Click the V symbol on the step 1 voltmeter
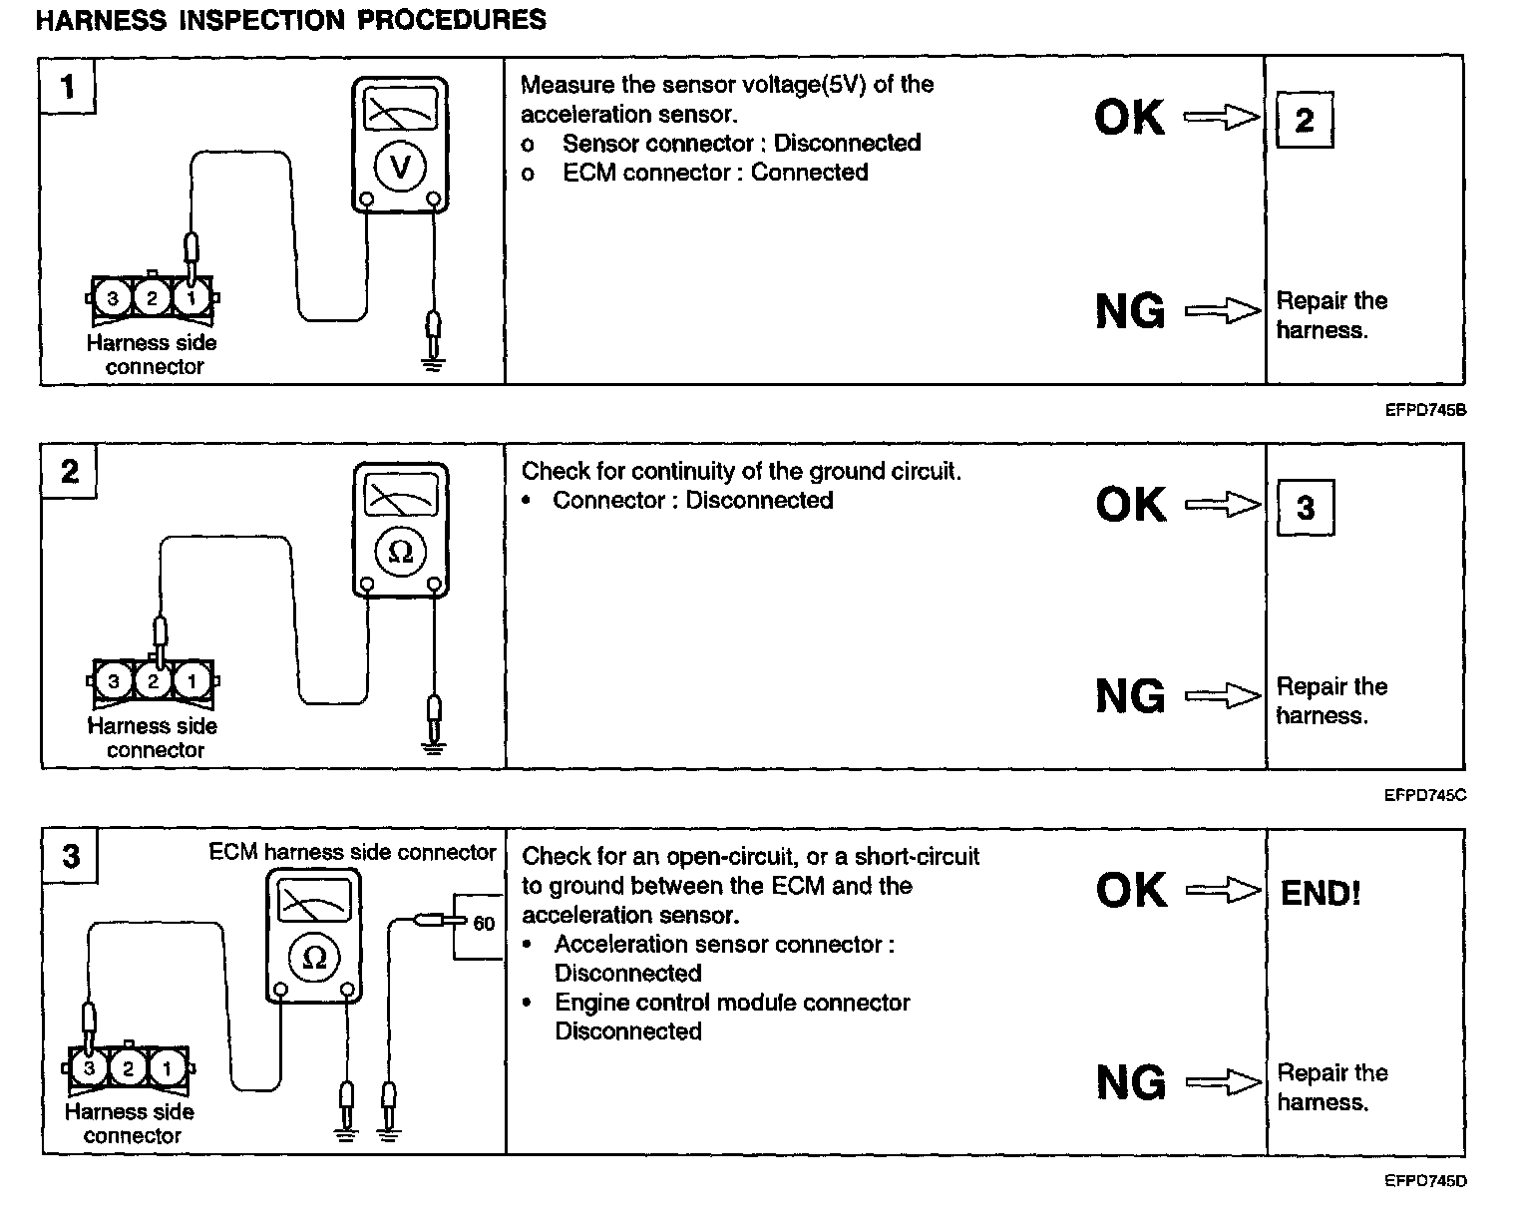tap(400, 168)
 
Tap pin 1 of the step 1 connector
tap(191, 297)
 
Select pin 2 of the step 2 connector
tap(153, 681)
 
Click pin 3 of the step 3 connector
tap(90, 1069)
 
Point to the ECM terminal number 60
tap(484, 924)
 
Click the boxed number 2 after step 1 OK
tap(1305, 121)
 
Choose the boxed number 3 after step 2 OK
tap(1306, 508)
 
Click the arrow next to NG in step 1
tap(1223, 311)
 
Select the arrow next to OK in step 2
tap(1223, 505)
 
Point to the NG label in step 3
tap(1130, 1082)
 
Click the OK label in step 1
tap(1129, 118)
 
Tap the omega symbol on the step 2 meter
tap(400, 552)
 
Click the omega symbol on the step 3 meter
tap(313, 958)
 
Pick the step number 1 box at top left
tap(68, 87)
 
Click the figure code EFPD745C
tap(1424, 796)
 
